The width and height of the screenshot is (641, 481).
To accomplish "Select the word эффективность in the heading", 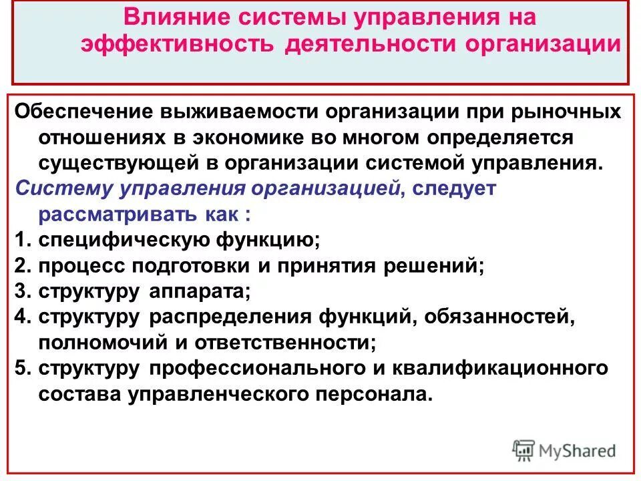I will coord(176,44).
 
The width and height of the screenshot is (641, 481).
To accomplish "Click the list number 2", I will coord(21,266).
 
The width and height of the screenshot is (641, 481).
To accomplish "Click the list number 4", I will coord(21,317).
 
